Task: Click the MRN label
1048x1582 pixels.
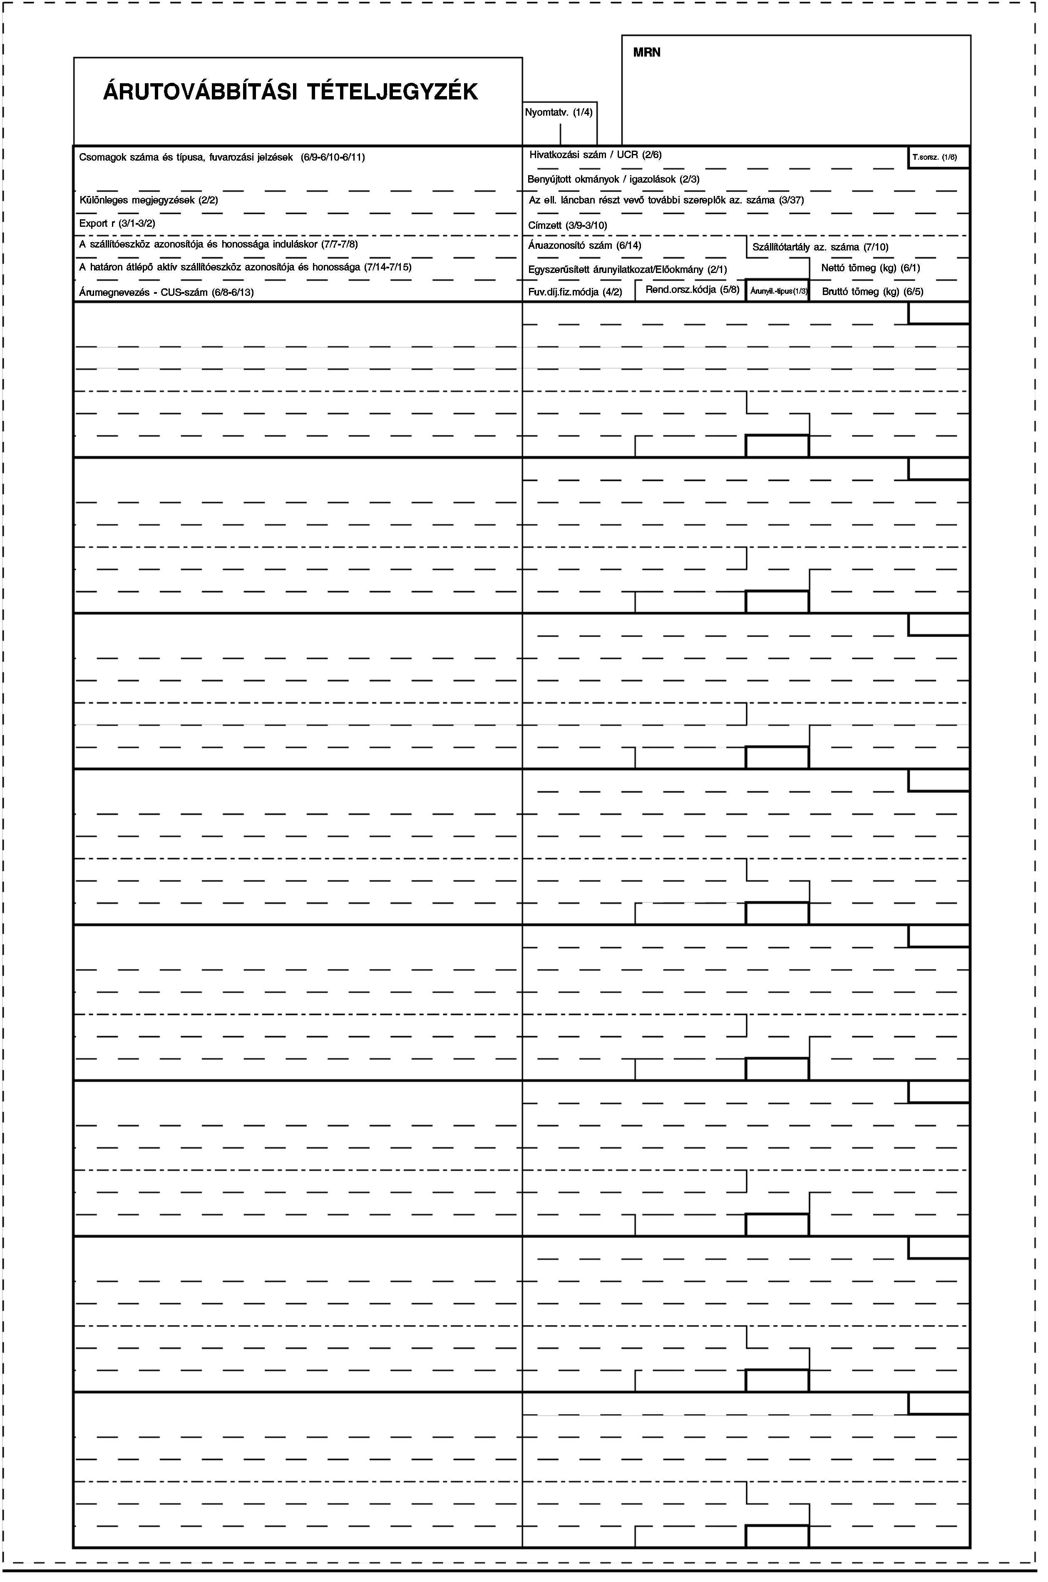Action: click(646, 52)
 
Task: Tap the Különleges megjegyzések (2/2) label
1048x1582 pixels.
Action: click(149, 200)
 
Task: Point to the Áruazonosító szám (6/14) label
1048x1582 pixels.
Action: click(584, 245)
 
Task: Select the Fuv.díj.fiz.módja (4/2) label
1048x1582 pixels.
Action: click(575, 292)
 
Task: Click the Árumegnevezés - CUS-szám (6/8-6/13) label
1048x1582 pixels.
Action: click(166, 292)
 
